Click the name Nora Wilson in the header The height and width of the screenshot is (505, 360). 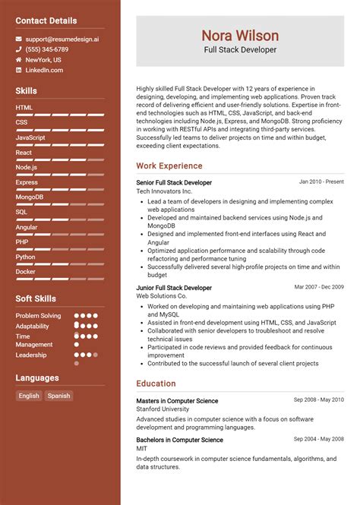pyautogui.click(x=240, y=36)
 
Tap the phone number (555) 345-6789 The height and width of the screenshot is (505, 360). pyautogui.click(x=46, y=49)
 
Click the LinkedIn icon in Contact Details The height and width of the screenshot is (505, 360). pyautogui.click(x=19, y=70)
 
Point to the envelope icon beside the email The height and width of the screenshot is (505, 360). pyautogui.click(x=19, y=38)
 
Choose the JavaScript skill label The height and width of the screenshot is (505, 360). pyautogui.click(x=30, y=137)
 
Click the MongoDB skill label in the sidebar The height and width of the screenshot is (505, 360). pyautogui.click(x=30, y=197)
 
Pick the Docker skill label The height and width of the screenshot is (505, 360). pyautogui.click(x=25, y=271)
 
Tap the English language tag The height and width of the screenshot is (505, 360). pyautogui.click(x=29, y=396)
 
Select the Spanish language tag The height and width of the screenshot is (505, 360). pyautogui.click(x=58, y=396)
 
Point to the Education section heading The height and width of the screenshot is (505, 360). pyautogui.click(x=156, y=383)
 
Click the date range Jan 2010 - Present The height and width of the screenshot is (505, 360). pyautogui.click(x=321, y=182)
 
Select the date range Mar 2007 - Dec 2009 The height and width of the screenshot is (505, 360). pyautogui.click(x=319, y=287)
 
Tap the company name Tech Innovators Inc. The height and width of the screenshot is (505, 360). pyautogui.click(x=165, y=191)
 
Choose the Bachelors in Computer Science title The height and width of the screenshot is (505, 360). pyautogui.click(x=179, y=440)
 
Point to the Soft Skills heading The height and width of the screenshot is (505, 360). pyautogui.click(x=36, y=298)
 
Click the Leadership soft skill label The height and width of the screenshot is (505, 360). pyautogui.click(x=31, y=355)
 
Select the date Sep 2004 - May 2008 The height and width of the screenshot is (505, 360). pyautogui.click(x=319, y=439)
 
